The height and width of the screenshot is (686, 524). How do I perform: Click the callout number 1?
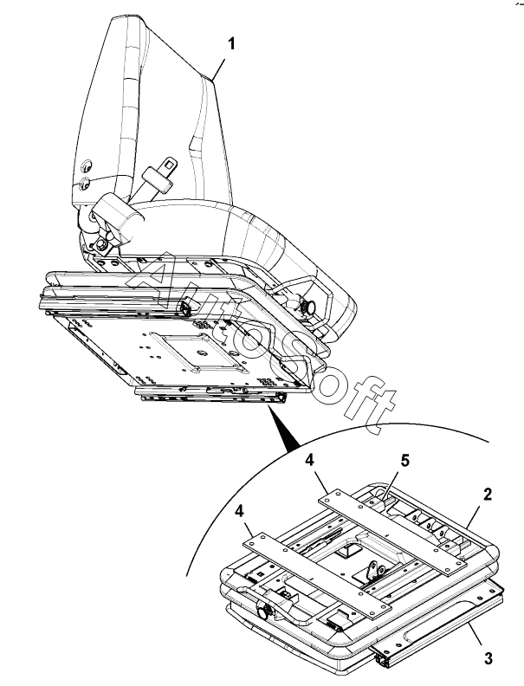[231, 44]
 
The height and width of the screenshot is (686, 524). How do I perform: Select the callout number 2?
[488, 495]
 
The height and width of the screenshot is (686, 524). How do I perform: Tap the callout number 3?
[488, 657]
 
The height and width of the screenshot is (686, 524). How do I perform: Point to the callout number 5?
[405, 460]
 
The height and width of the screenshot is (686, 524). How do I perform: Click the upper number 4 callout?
[310, 460]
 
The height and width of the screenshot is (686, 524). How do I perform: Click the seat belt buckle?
[159, 173]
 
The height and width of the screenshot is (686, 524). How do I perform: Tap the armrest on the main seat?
[118, 217]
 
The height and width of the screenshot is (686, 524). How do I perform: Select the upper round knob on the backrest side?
[87, 166]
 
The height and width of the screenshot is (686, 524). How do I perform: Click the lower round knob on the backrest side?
[84, 183]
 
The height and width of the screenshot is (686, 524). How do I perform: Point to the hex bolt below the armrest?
[103, 244]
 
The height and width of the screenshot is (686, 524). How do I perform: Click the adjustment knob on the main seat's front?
[310, 307]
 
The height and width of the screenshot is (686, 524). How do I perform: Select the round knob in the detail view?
[263, 612]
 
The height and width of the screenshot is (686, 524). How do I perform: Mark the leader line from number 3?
[474, 634]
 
